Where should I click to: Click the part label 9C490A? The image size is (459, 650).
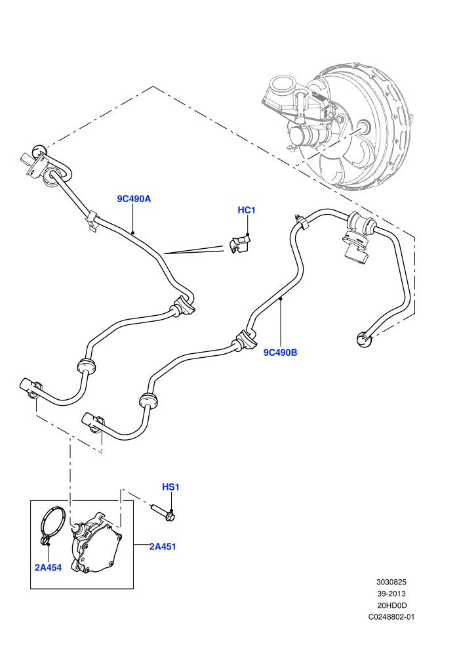[134, 199]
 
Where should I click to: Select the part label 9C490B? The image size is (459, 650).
[280, 353]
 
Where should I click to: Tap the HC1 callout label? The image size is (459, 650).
[247, 210]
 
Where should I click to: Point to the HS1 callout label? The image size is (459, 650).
[170, 487]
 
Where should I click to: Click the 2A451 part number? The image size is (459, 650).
[163, 546]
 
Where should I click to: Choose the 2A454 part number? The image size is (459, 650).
[48, 567]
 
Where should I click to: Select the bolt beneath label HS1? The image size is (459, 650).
[163, 511]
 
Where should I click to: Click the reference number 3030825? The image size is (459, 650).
[391, 582]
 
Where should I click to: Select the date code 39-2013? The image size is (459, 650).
[391, 594]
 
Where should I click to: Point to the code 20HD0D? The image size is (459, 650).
[391, 605]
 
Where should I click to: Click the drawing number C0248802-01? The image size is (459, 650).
[391, 617]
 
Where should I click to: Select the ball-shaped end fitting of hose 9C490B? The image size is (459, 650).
[364, 339]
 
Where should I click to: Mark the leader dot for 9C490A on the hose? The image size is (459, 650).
[132, 232]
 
